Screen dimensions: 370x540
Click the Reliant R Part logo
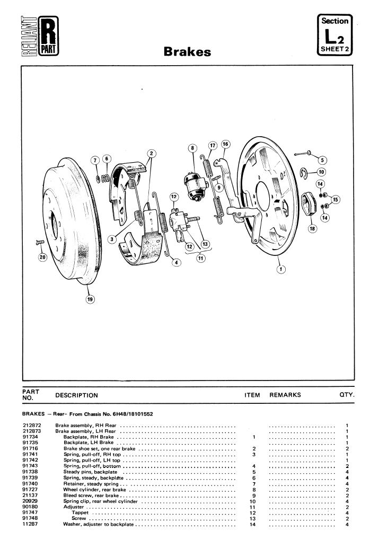[40, 36]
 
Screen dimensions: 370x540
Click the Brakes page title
[187, 51]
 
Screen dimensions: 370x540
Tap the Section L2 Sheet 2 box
[334, 35]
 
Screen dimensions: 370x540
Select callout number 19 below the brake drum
[90, 299]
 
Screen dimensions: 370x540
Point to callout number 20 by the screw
[42, 257]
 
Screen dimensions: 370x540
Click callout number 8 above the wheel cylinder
[192, 148]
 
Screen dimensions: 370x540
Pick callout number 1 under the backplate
[281, 269]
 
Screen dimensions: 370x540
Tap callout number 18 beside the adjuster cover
[312, 228]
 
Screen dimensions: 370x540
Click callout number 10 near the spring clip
[321, 172]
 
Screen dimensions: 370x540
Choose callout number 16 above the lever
[225, 144]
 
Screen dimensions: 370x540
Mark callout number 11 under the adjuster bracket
[200, 258]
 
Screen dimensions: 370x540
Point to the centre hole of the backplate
[263, 196]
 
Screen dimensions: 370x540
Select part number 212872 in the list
[32, 426]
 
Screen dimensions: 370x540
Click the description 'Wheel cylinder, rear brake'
[94, 489]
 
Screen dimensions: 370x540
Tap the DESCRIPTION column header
[76, 395]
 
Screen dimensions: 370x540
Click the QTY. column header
[347, 395]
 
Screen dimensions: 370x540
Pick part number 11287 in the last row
[30, 524]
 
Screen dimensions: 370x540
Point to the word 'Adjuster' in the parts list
[73, 507]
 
